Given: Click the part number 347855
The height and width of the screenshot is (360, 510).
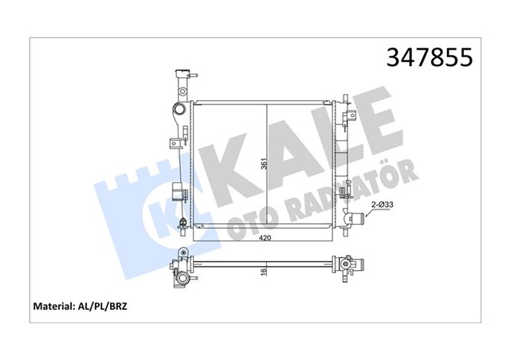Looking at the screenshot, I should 430,57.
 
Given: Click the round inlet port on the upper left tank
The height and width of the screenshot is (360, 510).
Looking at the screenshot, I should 181,108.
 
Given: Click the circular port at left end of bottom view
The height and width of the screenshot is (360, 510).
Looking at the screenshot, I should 182,279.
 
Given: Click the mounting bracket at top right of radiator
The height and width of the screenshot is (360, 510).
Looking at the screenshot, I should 346,119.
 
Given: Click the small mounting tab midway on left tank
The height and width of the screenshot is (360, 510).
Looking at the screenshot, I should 174,144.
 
